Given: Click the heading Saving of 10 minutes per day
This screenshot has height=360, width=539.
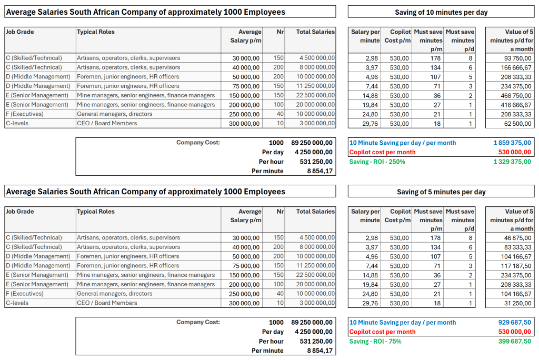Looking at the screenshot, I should [x=441, y=12].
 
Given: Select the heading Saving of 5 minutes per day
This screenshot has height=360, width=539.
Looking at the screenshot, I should [x=441, y=192].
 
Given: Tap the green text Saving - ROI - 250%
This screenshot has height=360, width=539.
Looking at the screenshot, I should [x=377, y=162].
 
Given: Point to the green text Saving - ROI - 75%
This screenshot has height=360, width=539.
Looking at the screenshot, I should [x=375, y=341].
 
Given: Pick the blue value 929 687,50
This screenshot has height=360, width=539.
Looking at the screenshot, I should [x=514, y=322].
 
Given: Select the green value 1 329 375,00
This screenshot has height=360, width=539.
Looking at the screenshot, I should [x=512, y=162].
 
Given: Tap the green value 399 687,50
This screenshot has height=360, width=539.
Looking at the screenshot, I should [x=514, y=341].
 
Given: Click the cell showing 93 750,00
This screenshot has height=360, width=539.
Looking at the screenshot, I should [x=518, y=58].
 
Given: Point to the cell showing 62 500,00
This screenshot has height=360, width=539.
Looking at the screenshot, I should [x=518, y=124].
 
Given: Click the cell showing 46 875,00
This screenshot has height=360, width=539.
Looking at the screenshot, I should [x=518, y=238].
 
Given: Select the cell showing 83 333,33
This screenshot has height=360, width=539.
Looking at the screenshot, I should [x=518, y=247].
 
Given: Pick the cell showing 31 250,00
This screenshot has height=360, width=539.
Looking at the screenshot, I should [x=518, y=303].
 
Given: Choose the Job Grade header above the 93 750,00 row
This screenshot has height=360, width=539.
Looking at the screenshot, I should [x=19, y=32].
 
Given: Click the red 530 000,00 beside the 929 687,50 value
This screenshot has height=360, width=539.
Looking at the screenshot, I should [x=514, y=332].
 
